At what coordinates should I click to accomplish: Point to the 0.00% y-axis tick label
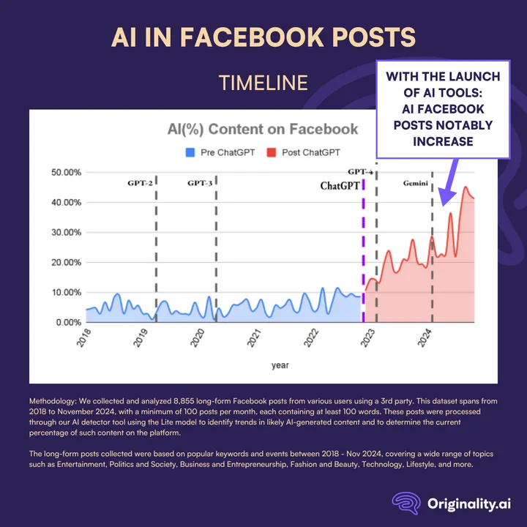click(x=67, y=322)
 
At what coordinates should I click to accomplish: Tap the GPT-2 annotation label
click(x=139, y=182)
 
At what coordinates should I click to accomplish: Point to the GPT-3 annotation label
click(x=199, y=182)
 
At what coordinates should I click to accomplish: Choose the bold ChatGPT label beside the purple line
click(x=340, y=186)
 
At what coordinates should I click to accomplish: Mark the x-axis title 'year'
click(x=280, y=365)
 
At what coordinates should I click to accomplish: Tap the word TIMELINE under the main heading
click(x=263, y=83)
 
